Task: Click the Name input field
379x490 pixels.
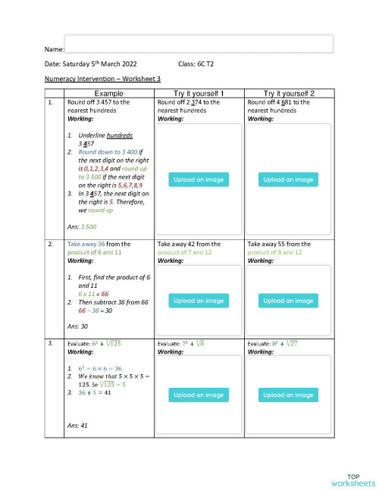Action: tap(199, 43)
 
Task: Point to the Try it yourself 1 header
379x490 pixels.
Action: tap(199, 92)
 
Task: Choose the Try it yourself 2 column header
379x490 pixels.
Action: tap(289, 92)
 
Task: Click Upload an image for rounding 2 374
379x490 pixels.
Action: tap(199, 180)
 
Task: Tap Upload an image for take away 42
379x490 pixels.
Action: tap(199, 301)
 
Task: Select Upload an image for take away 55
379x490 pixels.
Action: tap(289, 301)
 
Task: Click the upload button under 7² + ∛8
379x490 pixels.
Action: tap(199, 395)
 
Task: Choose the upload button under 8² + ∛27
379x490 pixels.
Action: tap(289, 395)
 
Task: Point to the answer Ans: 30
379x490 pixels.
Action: tap(80, 326)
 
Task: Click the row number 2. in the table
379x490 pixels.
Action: tap(50, 245)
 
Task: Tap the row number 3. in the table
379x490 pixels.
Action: tap(50, 344)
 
